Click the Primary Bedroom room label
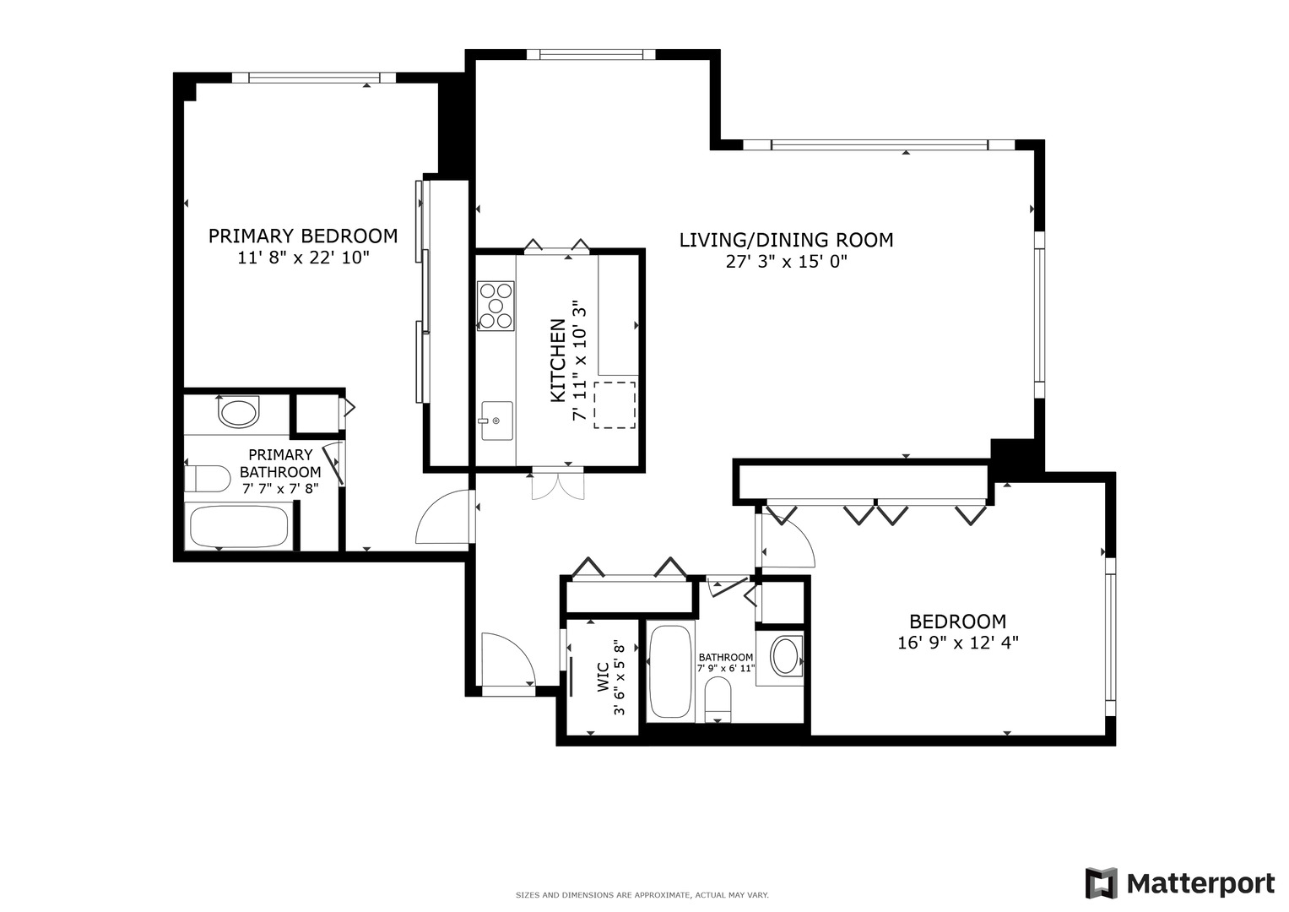[303, 236]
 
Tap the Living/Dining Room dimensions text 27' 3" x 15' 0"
[786, 262]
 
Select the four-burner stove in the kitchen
[496, 305]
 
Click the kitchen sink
[496, 421]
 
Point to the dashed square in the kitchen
[615, 405]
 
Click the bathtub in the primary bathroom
[240, 527]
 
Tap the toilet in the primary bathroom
[207, 479]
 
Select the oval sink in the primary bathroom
[239, 413]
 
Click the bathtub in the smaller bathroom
[672, 671]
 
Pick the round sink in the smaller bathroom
[787, 656]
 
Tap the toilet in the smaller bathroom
[718, 700]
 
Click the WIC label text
[603, 677]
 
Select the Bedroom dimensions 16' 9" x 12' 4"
[958, 643]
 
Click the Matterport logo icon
[1101, 883]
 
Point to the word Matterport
[1201, 883]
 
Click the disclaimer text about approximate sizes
[642, 894]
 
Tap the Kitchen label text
[558, 361]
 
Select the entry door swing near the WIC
[507, 660]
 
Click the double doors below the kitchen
[557, 485]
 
